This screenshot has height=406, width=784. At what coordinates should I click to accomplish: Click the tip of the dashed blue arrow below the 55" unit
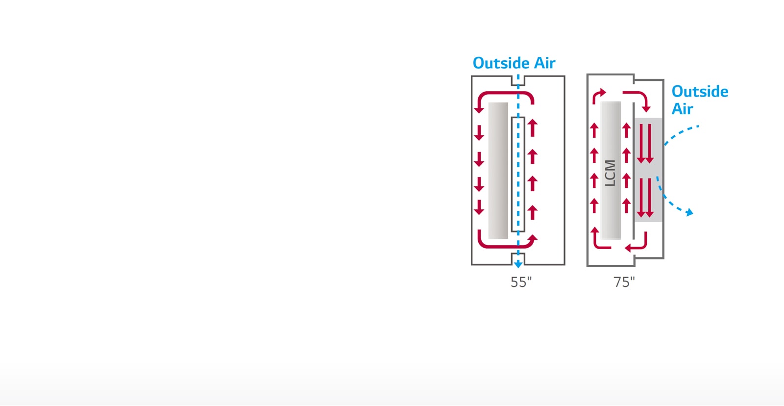518,268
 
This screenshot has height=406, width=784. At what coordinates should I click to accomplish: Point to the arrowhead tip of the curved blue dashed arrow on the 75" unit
693,214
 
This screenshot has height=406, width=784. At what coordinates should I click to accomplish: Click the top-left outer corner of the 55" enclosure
471,76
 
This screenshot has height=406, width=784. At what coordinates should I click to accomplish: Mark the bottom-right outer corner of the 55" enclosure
565,265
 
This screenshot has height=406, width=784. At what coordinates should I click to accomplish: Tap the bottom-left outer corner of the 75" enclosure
587,267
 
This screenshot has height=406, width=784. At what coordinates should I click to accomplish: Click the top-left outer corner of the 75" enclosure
587,74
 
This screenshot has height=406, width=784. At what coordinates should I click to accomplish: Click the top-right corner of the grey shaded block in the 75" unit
662,118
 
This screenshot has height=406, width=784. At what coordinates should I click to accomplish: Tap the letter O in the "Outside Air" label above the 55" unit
479,63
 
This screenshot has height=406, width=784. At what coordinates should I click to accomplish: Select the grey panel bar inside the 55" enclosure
498,171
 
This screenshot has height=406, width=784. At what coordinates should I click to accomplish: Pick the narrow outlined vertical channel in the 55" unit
518,174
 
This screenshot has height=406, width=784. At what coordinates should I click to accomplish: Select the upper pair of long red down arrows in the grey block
645,144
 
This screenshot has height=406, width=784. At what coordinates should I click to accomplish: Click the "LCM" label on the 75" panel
610,173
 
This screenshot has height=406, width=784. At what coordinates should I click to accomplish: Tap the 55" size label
521,282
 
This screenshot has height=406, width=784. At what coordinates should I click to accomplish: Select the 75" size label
624,282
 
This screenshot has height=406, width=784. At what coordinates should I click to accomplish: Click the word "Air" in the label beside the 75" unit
682,109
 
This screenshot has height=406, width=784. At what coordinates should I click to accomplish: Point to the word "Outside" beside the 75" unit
700,91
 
